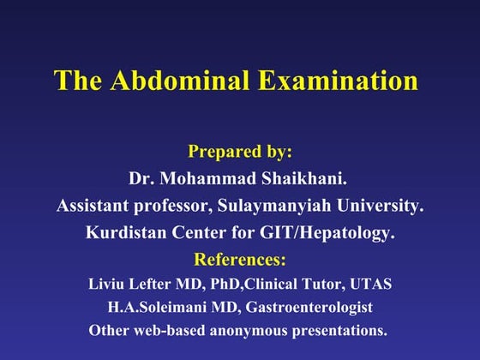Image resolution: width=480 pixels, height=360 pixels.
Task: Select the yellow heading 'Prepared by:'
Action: (x=240, y=152)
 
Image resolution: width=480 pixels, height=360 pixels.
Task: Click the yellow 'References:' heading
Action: (x=240, y=259)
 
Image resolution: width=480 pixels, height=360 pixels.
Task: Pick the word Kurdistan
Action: (x=126, y=232)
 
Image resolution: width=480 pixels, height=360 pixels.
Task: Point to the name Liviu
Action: (x=105, y=284)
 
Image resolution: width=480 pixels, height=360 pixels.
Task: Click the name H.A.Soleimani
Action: (x=152, y=307)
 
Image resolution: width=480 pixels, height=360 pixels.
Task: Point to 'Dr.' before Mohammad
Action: (x=141, y=179)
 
